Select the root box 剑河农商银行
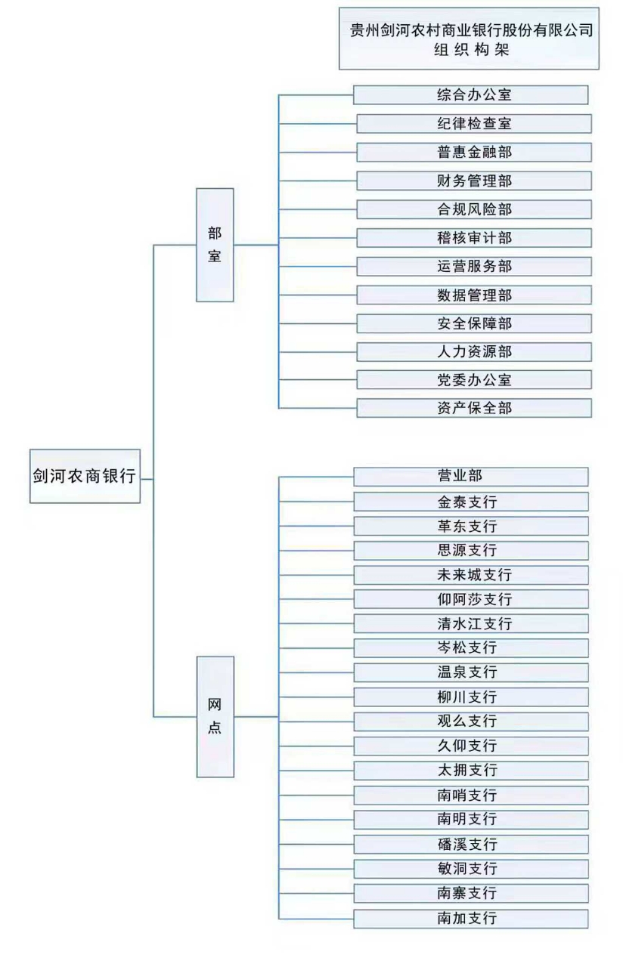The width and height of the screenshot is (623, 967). click(x=85, y=477)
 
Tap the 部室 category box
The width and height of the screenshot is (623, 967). click(x=215, y=245)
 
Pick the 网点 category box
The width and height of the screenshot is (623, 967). click(x=215, y=716)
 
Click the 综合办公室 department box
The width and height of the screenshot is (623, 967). click(x=470, y=95)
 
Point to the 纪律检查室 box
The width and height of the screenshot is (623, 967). click(x=473, y=123)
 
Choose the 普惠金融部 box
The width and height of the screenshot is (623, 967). click(x=473, y=152)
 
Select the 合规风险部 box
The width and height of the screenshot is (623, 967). click(x=473, y=209)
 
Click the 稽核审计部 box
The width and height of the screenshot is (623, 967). click(x=473, y=238)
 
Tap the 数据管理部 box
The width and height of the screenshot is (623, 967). click(x=473, y=295)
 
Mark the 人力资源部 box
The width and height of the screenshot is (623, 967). click(x=473, y=351)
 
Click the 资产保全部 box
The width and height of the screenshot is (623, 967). click(x=473, y=408)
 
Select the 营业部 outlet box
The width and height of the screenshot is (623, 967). click(x=470, y=476)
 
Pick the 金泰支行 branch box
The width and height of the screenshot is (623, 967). click(x=470, y=502)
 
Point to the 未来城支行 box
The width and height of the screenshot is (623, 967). click(x=470, y=575)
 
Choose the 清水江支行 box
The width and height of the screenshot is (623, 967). click(x=470, y=624)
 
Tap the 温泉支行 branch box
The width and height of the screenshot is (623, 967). click(x=470, y=672)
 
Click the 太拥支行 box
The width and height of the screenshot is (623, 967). click(x=470, y=771)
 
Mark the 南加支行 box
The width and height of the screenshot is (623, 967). click(x=470, y=919)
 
